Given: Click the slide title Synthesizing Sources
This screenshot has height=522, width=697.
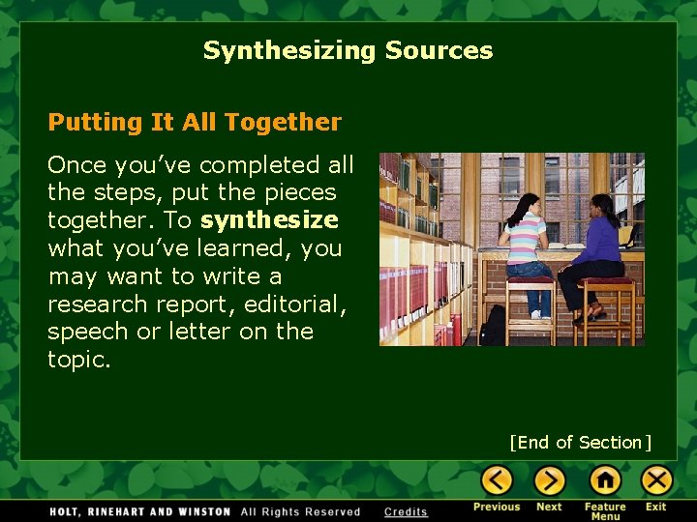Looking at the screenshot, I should (x=348, y=50).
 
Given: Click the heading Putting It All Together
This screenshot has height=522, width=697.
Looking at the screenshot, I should (x=195, y=123).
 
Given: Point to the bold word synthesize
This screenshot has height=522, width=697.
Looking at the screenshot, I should (x=269, y=220).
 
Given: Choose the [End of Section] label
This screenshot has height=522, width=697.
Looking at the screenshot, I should (x=581, y=443).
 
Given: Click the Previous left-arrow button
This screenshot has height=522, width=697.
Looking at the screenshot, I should (x=497, y=479).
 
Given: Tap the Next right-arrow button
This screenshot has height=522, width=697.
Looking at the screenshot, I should (x=549, y=479).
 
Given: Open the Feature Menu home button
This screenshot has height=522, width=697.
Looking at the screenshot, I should (x=605, y=479).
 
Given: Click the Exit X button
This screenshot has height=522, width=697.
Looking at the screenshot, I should (x=656, y=479).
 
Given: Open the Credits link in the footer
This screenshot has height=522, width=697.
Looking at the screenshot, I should (x=406, y=512).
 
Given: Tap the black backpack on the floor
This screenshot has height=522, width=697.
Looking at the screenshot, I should (x=494, y=326).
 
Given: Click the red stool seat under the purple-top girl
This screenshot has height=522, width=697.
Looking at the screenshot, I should (x=601, y=282).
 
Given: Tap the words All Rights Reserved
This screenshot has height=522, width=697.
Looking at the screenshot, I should (x=300, y=512).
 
